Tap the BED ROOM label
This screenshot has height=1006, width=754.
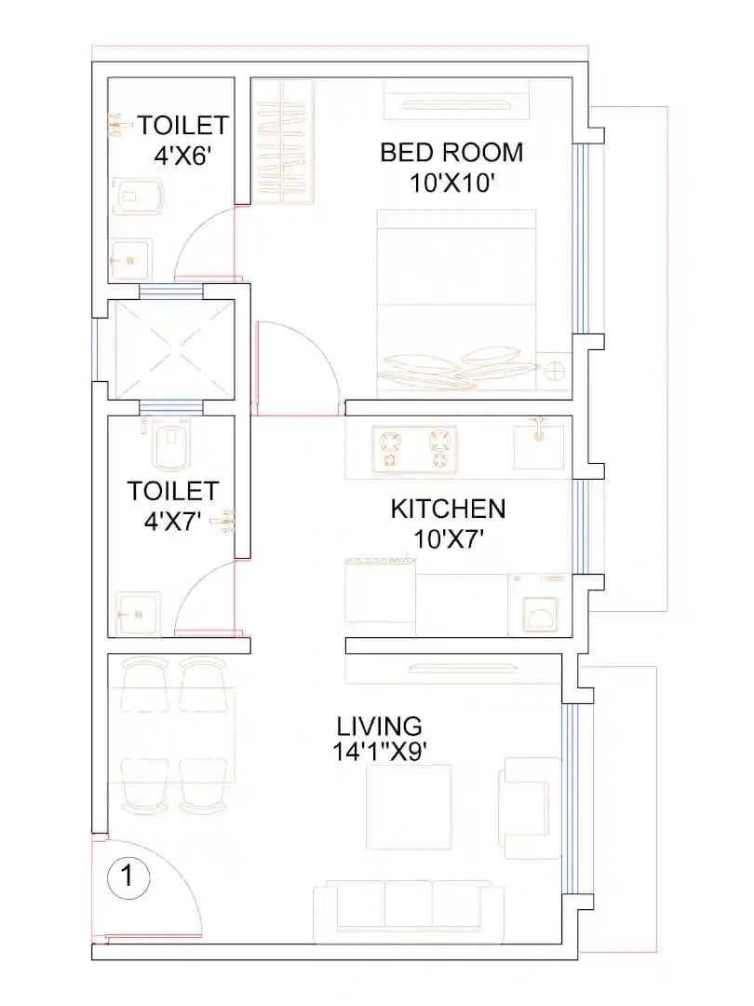pos(451,152)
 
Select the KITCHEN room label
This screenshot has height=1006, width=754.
pos(448,509)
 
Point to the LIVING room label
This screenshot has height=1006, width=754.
pos(380,726)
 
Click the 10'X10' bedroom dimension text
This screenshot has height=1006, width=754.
pos(451,183)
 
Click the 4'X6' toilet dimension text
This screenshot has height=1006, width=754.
pos(184,155)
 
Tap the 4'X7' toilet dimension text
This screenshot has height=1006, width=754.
pos(173,521)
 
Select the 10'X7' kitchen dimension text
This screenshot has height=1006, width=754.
pos(448,538)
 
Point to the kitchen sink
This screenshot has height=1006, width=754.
pos(539,444)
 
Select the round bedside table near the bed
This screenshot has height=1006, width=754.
pos(554,372)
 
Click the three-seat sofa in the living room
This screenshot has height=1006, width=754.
pos(409,906)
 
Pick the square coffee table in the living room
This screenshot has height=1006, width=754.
pos(409,807)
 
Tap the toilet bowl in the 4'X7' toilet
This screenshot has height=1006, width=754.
pos(171,447)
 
